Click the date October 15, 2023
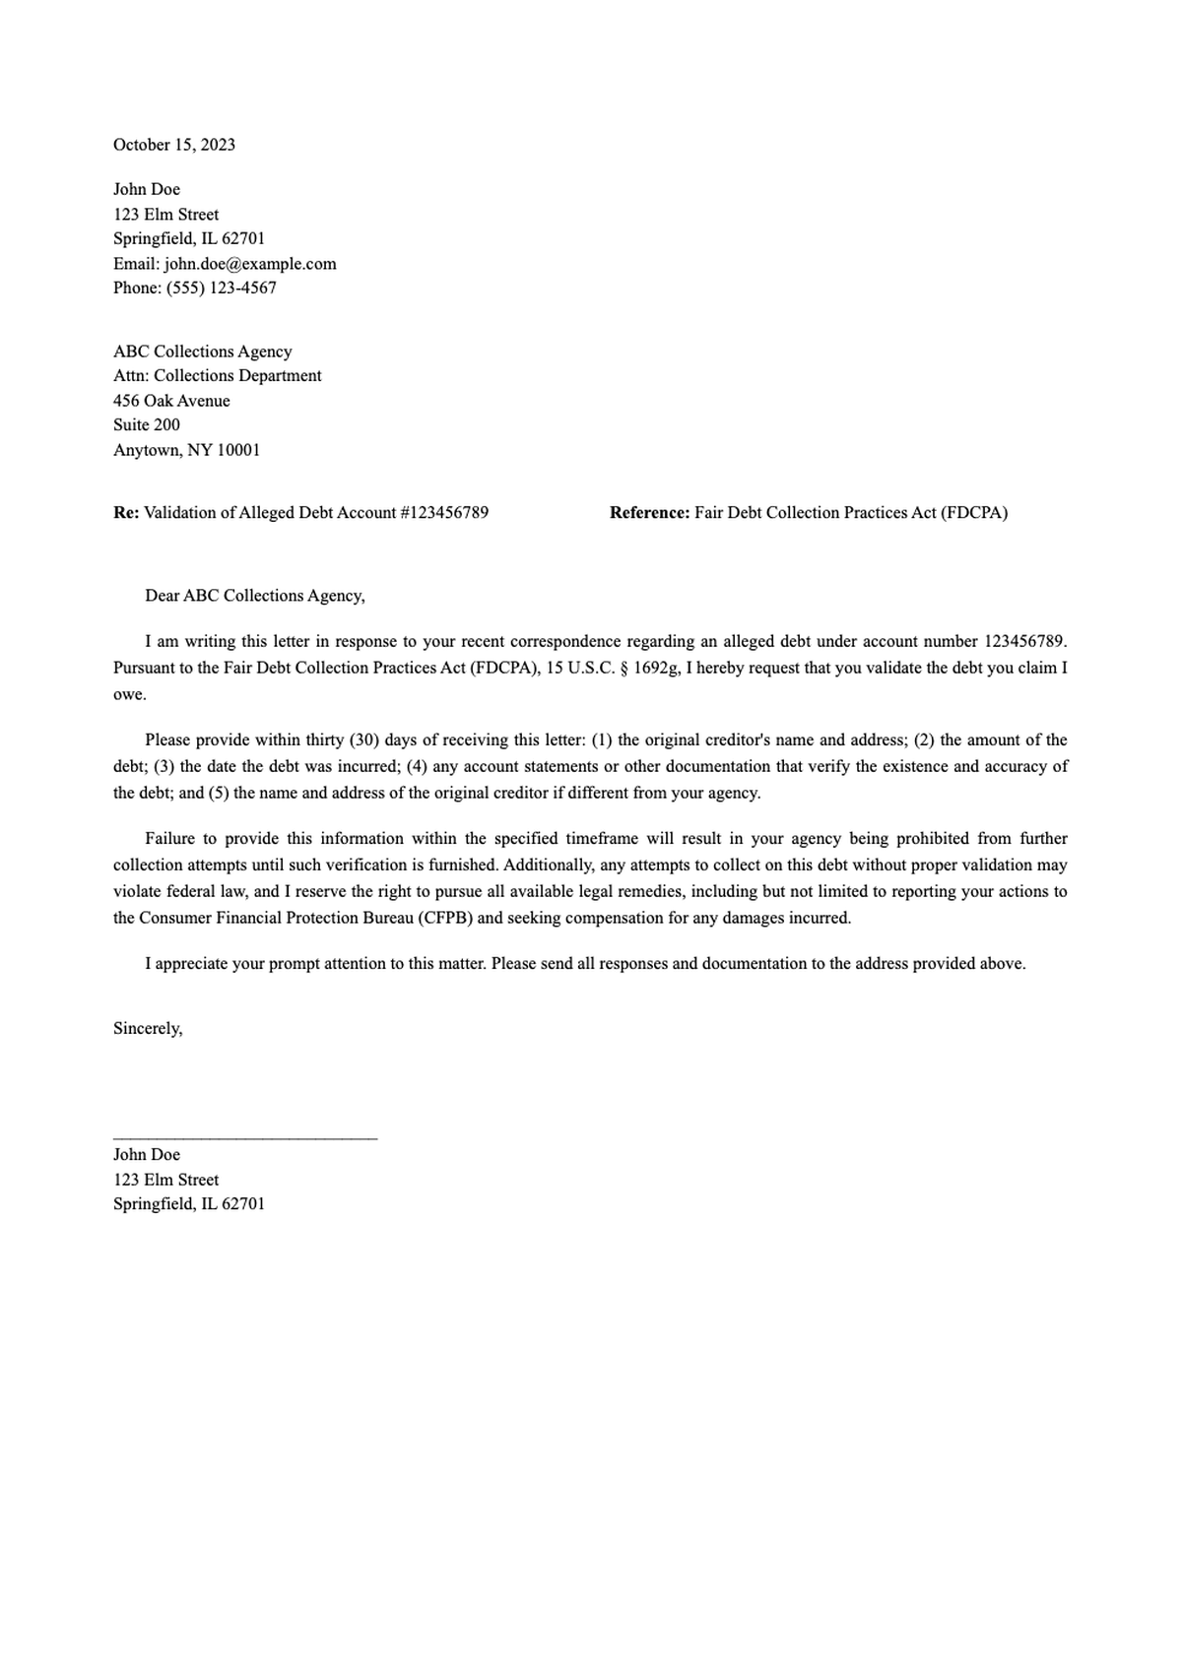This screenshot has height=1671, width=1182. tap(173, 145)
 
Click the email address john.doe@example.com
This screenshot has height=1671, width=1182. tap(250, 263)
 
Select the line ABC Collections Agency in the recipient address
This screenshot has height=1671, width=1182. tap(202, 352)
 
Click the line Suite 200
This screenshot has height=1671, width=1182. tap(146, 424)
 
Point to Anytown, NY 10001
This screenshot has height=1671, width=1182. tap(186, 450)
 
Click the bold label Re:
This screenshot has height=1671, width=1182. tap(126, 512)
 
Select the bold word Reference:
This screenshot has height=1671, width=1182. tap(649, 512)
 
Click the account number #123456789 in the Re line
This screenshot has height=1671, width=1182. tap(443, 512)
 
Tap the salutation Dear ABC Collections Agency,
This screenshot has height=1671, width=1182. tap(254, 596)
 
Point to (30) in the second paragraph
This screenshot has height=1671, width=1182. tap(363, 739)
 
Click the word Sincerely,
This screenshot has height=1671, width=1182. tap(148, 1028)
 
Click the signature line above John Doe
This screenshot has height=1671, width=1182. tap(244, 1138)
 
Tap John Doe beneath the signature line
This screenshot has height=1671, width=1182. tap(146, 1154)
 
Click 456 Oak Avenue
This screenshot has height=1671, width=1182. tap(171, 401)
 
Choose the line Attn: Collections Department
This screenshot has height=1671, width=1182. tap(217, 375)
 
